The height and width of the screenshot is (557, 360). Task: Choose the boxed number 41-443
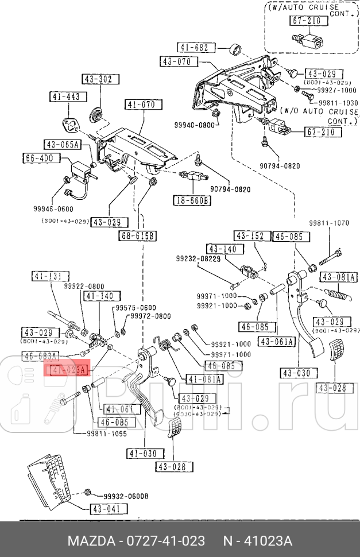tap(65, 97)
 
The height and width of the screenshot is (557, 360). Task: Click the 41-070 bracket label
tap(140, 105)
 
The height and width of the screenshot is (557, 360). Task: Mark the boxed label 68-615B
tap(137, 235)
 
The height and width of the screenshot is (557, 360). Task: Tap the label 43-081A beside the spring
tap(339, 277)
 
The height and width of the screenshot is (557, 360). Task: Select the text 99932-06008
tap(125, 496)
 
